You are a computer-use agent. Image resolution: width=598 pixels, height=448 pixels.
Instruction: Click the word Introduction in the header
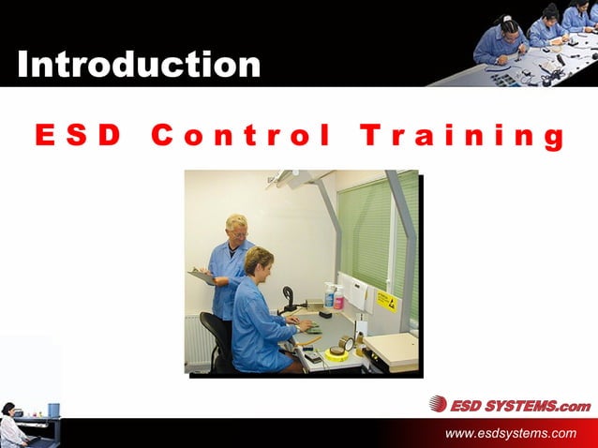pyautogui.click(x=139, y=64)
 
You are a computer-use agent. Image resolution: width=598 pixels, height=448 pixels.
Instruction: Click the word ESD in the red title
pyautogui.click(x=79, y=137)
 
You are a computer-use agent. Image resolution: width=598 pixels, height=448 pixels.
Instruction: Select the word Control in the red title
pyautogui.click(x=240, y=137)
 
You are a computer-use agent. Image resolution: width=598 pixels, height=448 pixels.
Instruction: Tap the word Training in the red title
pyautogui.click(x=462, y=137)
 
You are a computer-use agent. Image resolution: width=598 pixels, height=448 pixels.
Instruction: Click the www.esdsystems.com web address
pyautogui.click(x=511, y=432)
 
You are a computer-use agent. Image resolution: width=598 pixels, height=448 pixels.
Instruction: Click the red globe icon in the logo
pyautogui.click(x=438, y=404)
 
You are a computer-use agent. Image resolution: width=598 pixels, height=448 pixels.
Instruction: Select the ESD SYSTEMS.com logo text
pyautogui.click(x=520, y=405)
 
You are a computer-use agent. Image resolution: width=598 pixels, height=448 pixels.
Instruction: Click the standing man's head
pyautogui.click(x=237, y=228)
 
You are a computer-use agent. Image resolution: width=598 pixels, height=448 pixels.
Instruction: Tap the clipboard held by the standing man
pyautogui.click(x=202, y=276)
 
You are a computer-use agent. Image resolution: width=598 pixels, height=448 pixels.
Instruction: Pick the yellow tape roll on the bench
pyautogui.click(x=336, y=354)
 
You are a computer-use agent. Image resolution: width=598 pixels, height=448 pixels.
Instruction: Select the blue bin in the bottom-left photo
pyautogui.click(x=53, y=410)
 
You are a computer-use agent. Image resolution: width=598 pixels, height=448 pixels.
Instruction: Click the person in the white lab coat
pyautogui.click(x=12, y=428)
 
